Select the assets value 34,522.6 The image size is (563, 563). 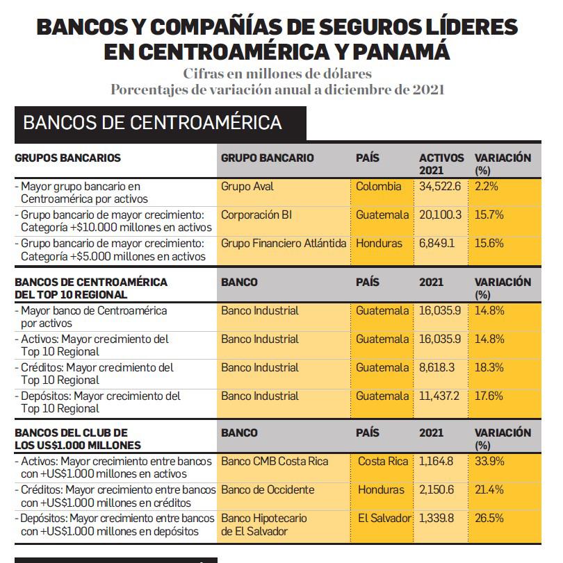(441, 187)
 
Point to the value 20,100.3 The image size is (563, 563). (441, 215)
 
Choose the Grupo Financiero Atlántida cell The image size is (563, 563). (284, 244)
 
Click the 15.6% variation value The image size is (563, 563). (489, 244)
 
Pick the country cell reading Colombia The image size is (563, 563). (379, 187)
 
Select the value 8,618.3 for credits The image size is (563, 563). (440, 368)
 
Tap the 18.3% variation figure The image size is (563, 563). (489, 368)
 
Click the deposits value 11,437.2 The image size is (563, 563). (441, 396)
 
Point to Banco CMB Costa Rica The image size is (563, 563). (275, 462)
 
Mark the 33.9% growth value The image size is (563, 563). (490, 462)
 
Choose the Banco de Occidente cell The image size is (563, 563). (268, 490)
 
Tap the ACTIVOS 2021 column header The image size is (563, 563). (441, 164)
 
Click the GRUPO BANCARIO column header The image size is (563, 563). (268, 158)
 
